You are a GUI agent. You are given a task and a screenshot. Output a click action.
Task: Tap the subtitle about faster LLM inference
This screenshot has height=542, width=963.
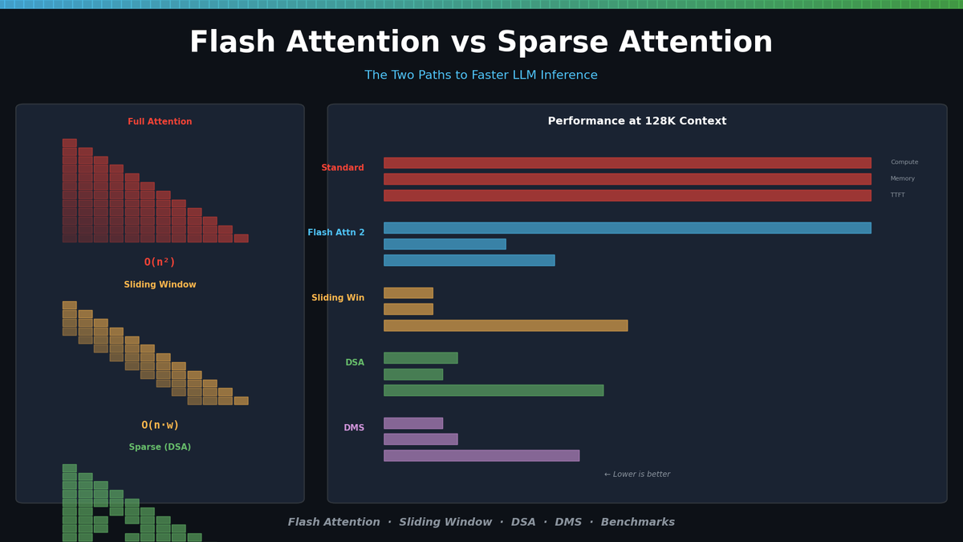click(481, 75)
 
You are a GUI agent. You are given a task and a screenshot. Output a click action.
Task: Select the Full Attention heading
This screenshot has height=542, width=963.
click(160, 122)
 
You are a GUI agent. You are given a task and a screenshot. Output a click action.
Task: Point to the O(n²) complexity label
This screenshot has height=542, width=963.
click(160, 262)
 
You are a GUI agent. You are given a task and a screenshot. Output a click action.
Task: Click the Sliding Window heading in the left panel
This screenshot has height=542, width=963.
click(160, 285)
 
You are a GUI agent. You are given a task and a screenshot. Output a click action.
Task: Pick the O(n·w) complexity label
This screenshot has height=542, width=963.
click(160, 425)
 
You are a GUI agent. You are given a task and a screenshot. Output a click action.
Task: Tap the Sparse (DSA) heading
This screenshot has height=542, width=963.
click(160, 447)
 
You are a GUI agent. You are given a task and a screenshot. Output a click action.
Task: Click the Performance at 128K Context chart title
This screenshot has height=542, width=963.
click(636, 121)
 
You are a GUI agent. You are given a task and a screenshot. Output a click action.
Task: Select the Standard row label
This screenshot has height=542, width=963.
click(343, 168)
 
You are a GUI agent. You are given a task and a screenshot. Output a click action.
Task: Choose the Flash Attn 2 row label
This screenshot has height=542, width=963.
click(336, 233)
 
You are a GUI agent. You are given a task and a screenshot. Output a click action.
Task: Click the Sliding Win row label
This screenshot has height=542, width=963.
click(338, 298)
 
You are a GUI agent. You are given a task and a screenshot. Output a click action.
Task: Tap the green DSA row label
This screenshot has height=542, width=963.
click(355, 363)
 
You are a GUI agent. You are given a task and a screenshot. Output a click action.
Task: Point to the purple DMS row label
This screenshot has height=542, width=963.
click(354, 428)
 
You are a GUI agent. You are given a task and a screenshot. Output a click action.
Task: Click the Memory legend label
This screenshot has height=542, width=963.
click(903, 179)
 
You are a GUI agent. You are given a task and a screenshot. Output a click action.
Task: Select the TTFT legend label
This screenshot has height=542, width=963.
click(897, 195)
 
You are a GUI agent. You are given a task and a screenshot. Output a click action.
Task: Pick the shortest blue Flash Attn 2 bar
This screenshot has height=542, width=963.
click(445, 244)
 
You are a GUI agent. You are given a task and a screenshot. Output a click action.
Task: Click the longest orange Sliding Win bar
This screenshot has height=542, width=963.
click(506, 325)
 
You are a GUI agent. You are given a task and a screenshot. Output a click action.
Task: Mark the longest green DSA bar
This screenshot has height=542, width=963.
click(494, 390)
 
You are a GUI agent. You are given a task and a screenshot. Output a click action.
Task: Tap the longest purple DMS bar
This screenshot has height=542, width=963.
click(481, 455)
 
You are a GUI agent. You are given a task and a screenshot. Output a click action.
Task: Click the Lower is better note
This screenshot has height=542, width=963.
click(636, 475)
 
